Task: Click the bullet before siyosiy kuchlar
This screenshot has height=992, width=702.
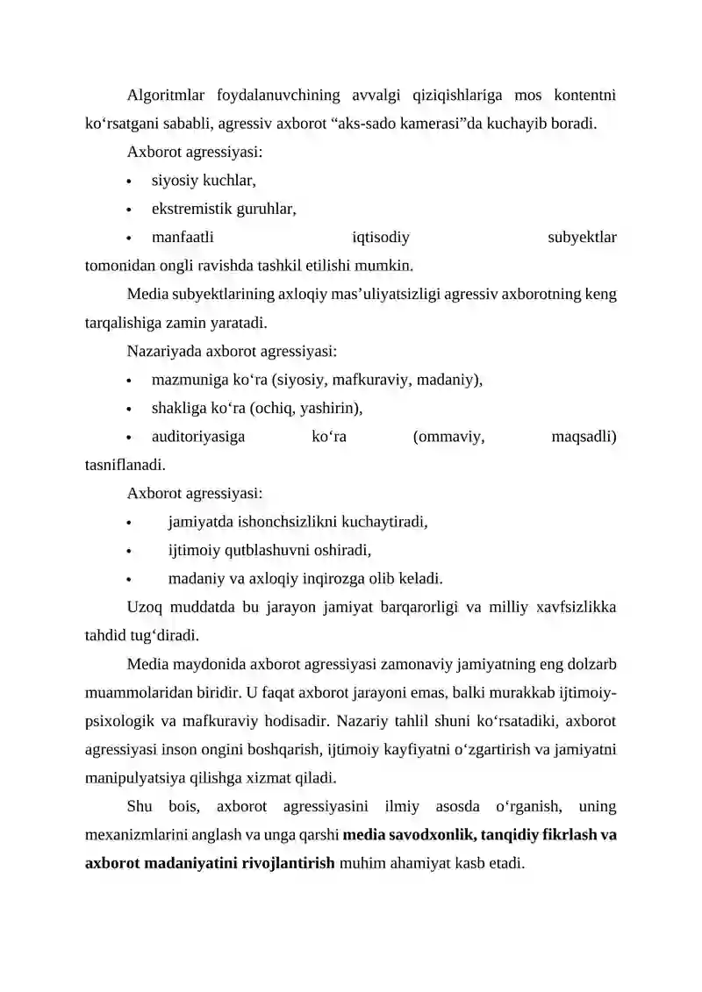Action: (x=130, y=182)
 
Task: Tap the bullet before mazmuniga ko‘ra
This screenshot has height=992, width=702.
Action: (x=130, y=382)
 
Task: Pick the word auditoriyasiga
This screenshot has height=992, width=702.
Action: (x=198, y=436)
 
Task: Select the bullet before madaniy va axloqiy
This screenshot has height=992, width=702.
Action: (x=130, y=580)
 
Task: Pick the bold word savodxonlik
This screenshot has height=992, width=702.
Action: (x=428, y=834)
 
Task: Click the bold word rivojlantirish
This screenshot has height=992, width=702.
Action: (x=283, y=863)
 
